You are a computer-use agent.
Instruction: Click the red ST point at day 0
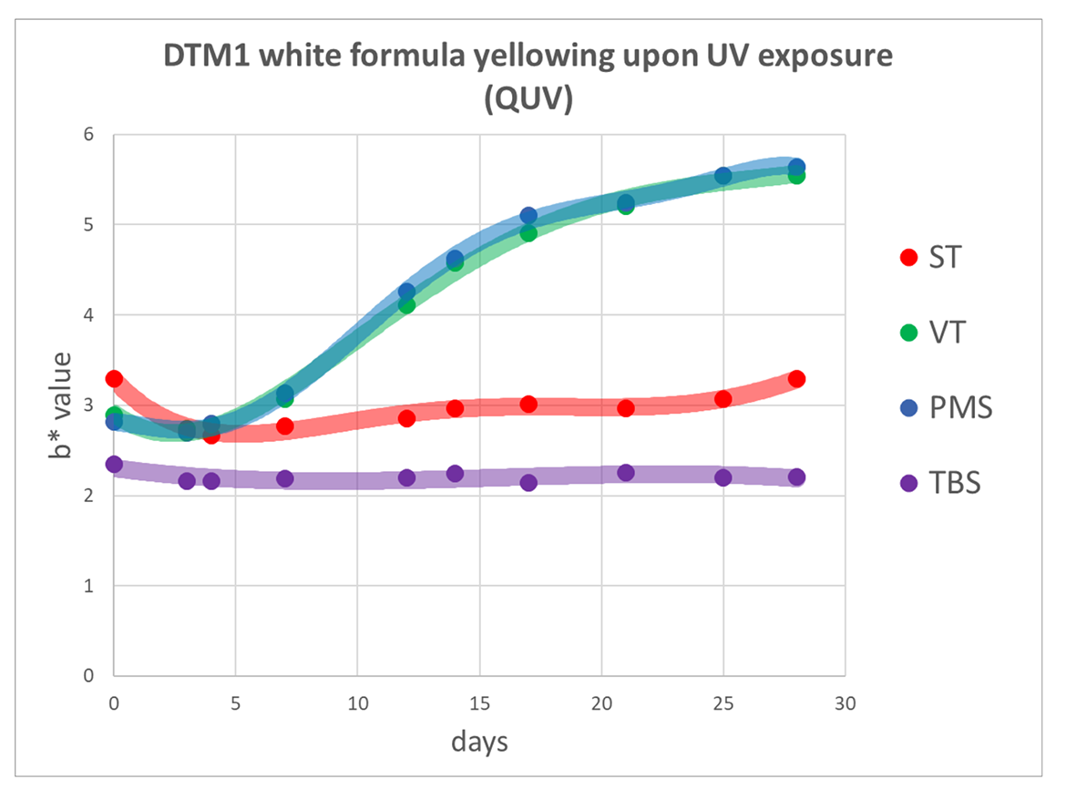114,378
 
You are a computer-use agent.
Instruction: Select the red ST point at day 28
796,379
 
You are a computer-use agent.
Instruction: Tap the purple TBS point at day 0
114,465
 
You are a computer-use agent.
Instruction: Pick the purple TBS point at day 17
528,483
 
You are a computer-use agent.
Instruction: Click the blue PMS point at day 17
528,216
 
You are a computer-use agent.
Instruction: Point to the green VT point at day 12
406,304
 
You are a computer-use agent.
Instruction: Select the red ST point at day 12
406,418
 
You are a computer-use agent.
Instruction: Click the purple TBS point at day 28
796,477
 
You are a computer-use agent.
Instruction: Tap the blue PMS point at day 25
723,176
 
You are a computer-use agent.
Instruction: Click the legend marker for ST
907,258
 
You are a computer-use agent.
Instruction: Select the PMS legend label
960,407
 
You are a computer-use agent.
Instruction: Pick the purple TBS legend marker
907,482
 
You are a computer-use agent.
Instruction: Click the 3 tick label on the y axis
88,405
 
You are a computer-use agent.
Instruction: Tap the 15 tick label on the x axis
479,703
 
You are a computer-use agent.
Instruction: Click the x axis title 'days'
479,743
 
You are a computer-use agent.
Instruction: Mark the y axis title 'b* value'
60,405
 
